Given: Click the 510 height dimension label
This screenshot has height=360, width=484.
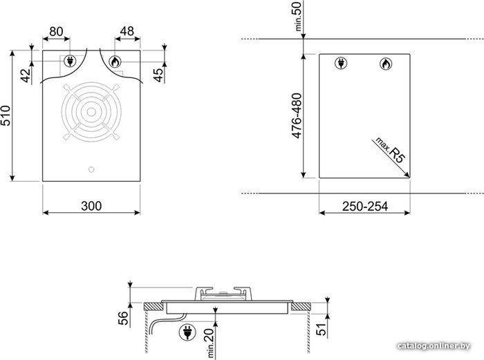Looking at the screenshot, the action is click(6, 115).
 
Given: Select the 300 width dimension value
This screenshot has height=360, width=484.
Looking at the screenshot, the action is click(91, 206).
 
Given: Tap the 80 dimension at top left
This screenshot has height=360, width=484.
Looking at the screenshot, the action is click(56, 32).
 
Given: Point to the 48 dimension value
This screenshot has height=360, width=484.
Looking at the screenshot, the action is click(127, 31).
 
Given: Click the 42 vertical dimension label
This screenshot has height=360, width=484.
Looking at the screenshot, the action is click(26, 75).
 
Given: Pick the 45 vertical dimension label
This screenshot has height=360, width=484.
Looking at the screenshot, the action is click(158, 75).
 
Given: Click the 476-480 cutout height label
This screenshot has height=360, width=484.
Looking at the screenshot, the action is click(296, 115).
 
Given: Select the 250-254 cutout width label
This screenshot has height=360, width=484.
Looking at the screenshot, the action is click(365, 207).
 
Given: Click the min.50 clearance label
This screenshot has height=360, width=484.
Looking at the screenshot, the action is click(298, 16).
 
